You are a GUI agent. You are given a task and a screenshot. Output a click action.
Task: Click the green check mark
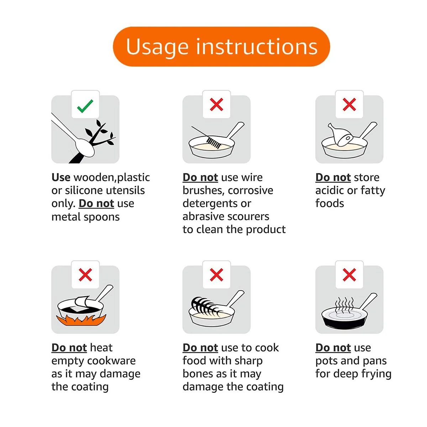[x=85, y=106]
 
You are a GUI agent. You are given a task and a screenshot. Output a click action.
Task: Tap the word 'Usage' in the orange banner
[x=157, y=47]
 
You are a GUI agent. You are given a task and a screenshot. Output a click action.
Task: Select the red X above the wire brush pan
[x=216, y=104]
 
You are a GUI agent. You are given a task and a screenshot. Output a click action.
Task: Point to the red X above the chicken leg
[x=349, y=104]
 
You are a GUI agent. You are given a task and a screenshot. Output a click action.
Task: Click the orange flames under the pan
[x=81, y=320]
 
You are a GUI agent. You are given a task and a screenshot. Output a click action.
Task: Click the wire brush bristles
[x=214, y=143]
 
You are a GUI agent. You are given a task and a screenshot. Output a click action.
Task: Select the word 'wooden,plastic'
[x=112, y=178]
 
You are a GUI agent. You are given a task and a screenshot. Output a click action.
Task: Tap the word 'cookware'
[x=111, y=361]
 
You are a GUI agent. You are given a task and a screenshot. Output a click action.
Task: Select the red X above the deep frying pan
[x=349, y=275]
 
